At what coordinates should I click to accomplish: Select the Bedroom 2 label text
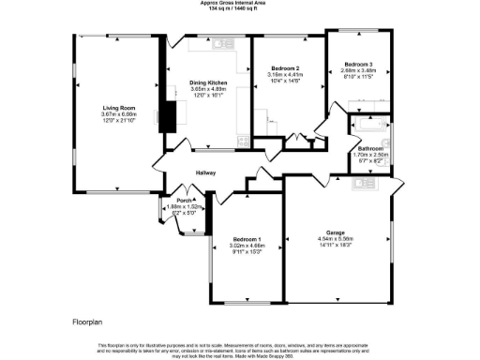point(285,69)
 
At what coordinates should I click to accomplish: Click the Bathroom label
point(370,148)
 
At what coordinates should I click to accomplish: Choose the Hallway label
point(206,173)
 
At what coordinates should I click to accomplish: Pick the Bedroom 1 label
point(247,240)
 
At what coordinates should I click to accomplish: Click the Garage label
point(337,232)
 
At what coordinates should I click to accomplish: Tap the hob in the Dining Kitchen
point(242,142)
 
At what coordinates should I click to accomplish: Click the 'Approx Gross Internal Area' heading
point(240,4)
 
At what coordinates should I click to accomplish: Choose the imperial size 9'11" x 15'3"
point(247,253)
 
